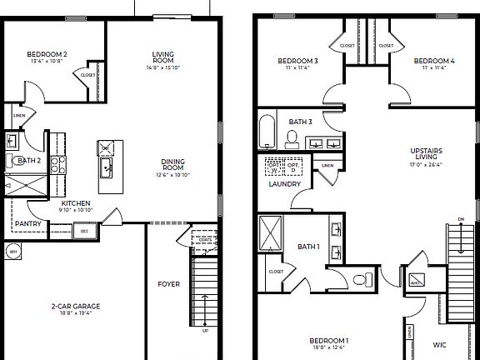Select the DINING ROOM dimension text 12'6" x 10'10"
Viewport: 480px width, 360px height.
point(173,174)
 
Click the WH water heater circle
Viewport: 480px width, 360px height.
point(12,250)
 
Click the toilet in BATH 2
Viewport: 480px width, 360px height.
point(12,162)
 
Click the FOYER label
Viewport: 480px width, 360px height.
point(169,284)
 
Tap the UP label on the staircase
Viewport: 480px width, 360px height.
point(205,330)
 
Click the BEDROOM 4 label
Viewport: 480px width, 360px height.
point(434,61)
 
